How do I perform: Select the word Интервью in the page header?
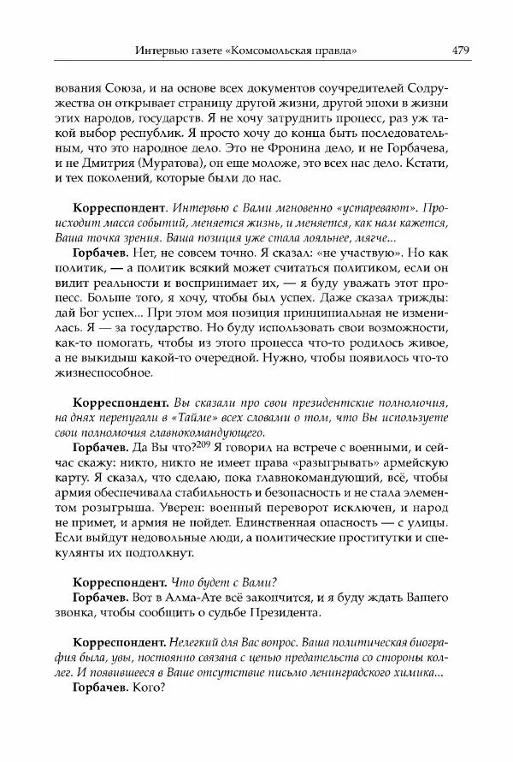159,51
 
